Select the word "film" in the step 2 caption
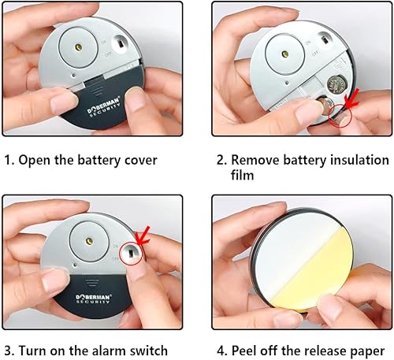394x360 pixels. pyautogui.click(x=242, y=174)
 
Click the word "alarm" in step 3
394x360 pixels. pyautogui.click(x=97, y=351)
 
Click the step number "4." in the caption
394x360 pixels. pyautogui.click(x=222, y=351)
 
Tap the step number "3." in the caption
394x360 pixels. pyautogui.click(x=9, y=351)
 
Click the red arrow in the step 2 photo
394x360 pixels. pyautogui.click(x=351, y=98)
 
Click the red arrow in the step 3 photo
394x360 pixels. pyautogui.click(x=143, y=236)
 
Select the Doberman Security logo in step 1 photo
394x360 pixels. pyautogui.click(x=104, y=108)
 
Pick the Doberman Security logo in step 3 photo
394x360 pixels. pyautogui.click(x=94, y=299)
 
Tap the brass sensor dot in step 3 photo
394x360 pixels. pyautogui.click(x=89, y=240)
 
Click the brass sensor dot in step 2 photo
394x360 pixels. pyautogui.click(x=285, y=54)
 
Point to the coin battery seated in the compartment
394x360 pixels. pyautogui.click(x=337, y=85)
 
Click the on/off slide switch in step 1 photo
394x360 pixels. pyautogui.click(x=121, y=43)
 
